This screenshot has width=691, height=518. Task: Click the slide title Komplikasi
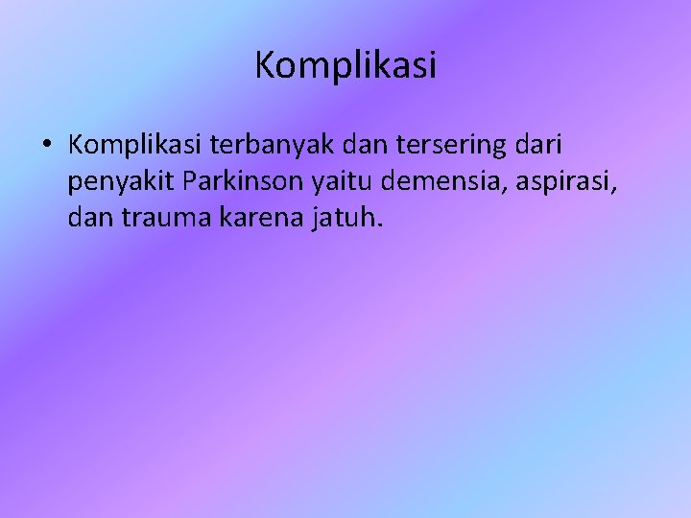(345, 65)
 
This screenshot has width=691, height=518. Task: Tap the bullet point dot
(46, 146)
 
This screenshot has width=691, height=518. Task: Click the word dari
(541, 145)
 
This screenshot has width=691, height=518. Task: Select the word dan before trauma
(89, 219)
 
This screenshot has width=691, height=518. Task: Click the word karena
(257, 219)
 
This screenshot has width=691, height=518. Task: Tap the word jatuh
(343, 219)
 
